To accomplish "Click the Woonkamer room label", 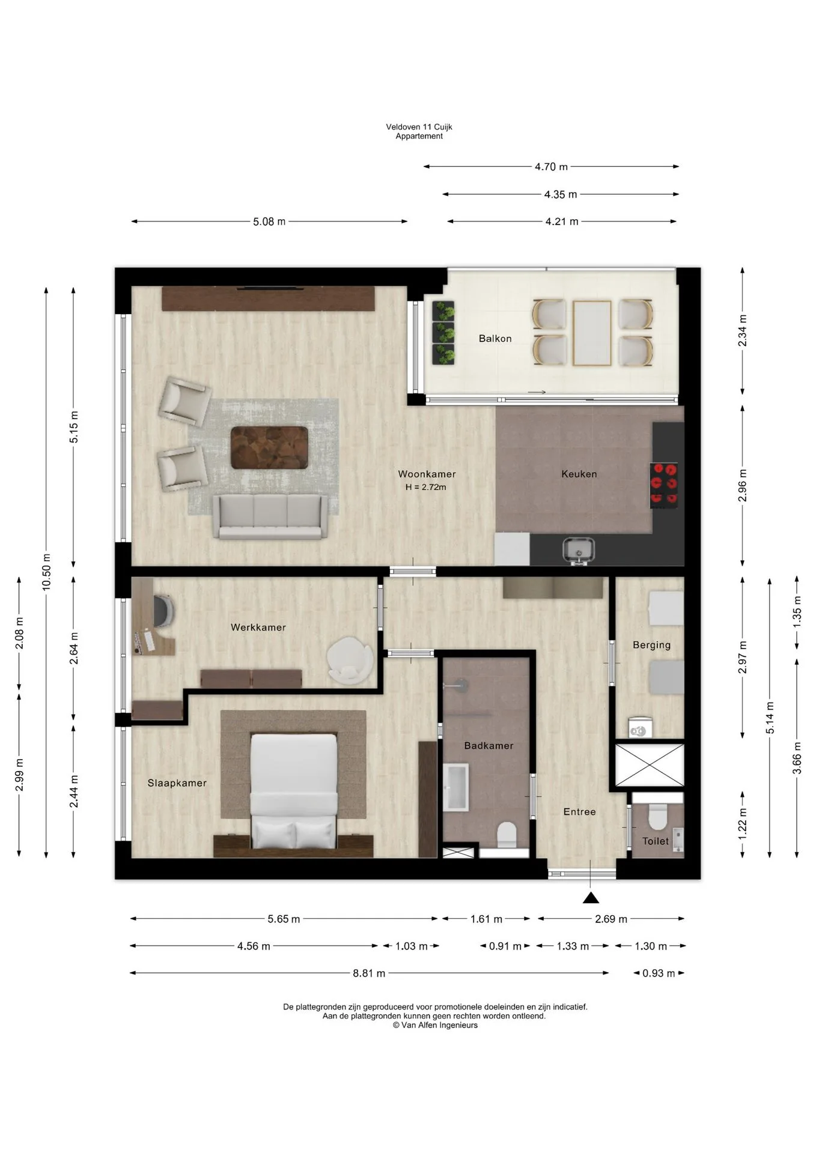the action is point(427,474).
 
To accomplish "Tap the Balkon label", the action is point(495,339).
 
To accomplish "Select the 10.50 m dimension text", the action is point(46,572).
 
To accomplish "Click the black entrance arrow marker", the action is point(591,898).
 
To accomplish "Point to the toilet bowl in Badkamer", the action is point(507,834).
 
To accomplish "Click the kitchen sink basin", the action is point(578,549).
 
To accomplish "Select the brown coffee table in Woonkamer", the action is point(269,447).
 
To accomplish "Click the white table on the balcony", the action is point(592,333).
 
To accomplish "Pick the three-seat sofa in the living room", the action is point(270,516).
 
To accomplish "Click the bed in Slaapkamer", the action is point(293,791).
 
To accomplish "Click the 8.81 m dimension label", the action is point(369,973).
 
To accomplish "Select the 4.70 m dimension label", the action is point(551,167).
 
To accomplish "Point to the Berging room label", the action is point(651,645).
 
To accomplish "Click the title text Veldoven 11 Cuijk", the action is point(419,127).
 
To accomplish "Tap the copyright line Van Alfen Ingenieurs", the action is point(435,1025).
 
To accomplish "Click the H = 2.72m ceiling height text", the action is point(426,487).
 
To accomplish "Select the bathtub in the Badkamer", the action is point(455,787).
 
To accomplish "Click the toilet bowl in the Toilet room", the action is point(657,817).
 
